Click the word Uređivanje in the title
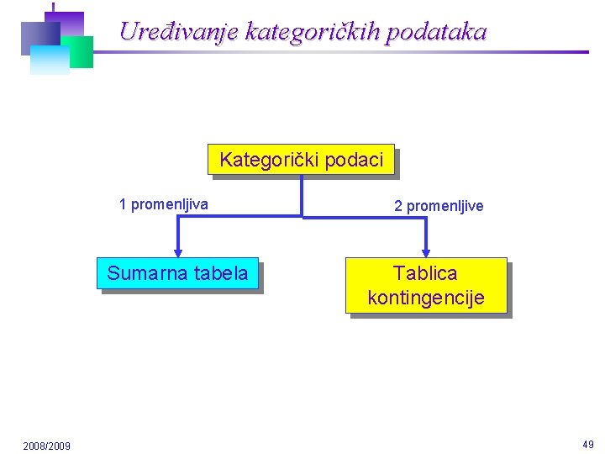(179, 32)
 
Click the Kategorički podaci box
(301, 160)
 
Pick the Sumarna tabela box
(177, 273)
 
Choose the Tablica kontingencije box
(426, 285)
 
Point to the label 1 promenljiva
(164, 203)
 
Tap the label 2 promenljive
(439, 206)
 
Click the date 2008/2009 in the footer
(47, 445)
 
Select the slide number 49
(588, 444)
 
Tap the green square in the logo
(81, 52)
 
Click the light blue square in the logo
(49, 61)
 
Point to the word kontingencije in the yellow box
(426, 298)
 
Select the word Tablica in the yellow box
(426, 273)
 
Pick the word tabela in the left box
(221, 273)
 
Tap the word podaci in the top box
(354, 160)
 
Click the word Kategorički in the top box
(270, 160)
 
